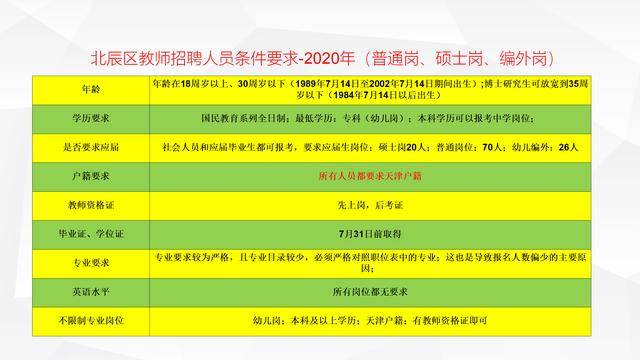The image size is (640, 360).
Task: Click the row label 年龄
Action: pyautogui.click(x=91, y=89)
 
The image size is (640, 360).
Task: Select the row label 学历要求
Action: pyautogui.click(x=91, y=118)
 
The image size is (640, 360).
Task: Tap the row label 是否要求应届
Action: pyautogui.click(x=91, y=147)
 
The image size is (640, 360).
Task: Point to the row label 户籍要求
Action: pyautogui.click(x=91, y=176)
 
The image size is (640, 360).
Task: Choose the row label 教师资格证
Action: pyautogui.click(x=91, y=205)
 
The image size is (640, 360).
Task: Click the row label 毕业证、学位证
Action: pyautogui.click(x=91, y=234)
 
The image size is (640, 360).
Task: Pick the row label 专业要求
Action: pyautogui.click(x=91, y=263)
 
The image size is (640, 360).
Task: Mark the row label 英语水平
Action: pyautogui.click(x=91, y=292)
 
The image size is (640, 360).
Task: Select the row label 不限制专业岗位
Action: pyautogui.click(x=91, y=321)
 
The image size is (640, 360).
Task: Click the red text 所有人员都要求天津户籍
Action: pyautogui.click(x=370, y=176)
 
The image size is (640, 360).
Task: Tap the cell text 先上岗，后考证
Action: pyautogui.click(x=370, y=205)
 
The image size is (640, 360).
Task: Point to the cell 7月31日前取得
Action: pyautogui.click(x=370, y=234)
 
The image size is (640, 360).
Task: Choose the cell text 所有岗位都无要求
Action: pyautogui.click(x=370, y=292)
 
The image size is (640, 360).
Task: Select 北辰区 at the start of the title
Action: pyautogui.click(x=114, y=59)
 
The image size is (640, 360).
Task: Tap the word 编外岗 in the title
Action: pyautogui.click(x=523, y=59)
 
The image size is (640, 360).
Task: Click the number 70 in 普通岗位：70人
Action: pyautogui.click(x=488, y=147)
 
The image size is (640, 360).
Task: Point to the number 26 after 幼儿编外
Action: pyautogui.click(x=564, y=147)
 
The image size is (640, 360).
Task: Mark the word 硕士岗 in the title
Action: pyautogui.click(x=459, y=59)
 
